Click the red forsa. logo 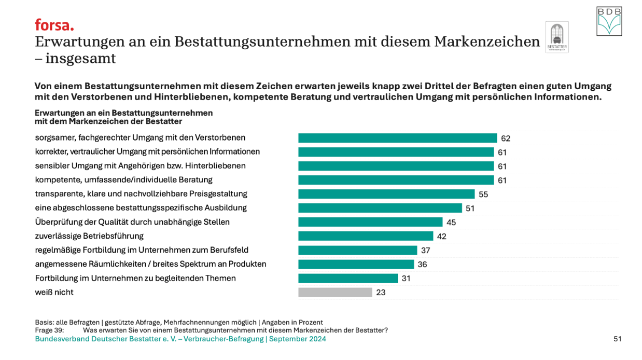click(54, 24)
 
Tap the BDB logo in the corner click(609, 21)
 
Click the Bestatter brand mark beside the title click(557, 37)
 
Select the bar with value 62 click(397, 138)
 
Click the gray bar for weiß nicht click(335, 292)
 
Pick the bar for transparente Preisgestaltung click(386, 194)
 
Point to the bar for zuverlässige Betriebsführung click(366, 236)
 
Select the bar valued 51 click(380, 208)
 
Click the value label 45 click(451, 223)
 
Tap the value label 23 click(381, 293)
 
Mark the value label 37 click(426, 251)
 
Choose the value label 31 click(407, 279)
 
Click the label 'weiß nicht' click(54, 292)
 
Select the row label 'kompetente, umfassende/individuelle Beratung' click(123, 180)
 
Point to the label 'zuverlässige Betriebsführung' click(89, 236)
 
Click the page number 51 click(617, 339)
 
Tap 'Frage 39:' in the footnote click(49, 330)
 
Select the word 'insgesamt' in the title click(80, 59)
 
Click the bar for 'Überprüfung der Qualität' click(370, 222)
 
